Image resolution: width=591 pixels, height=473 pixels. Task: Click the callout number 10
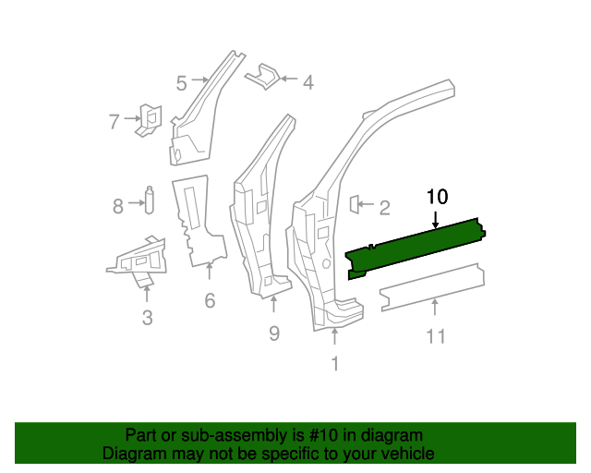coord(437,196)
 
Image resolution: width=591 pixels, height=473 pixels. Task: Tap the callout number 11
coord(436,336)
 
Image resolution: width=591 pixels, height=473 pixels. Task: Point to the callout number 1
coord(334,364)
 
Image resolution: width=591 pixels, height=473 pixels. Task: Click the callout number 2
coord(384,208)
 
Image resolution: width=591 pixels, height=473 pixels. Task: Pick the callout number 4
coord(308,82)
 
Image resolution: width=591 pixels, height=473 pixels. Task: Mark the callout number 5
coord(182,83)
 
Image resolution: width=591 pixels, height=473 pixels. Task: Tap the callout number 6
coord(210,300)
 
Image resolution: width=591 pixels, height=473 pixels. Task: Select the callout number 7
coord(115,121)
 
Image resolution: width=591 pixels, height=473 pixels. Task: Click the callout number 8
coord(118,206)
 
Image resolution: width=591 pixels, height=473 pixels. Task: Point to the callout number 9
coord(274,333)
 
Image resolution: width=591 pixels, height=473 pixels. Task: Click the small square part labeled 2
coord(355,204)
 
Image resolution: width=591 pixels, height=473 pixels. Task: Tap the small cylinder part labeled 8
coord(148,200)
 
